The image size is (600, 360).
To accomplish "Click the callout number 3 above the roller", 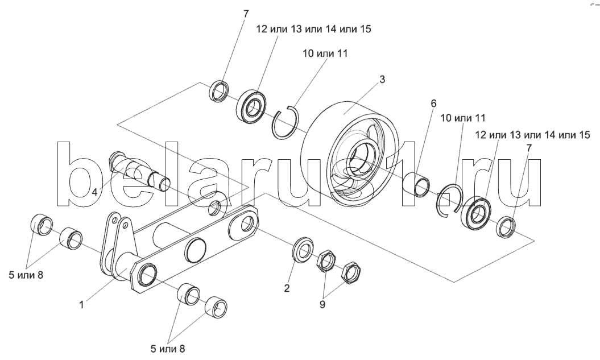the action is (x=382, y=80).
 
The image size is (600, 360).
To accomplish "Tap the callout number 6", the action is (x=433, y=104).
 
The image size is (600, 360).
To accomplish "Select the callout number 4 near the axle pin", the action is (x=94, y=192).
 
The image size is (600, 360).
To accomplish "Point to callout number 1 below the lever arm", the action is (x=81, y=304).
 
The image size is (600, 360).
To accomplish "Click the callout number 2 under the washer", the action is (x=287, y=288).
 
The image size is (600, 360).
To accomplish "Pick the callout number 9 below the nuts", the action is (x=322, y=304).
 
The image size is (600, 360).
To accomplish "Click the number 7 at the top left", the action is (x=246, y=14).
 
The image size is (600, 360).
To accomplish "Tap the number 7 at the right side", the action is (x=529, y=148).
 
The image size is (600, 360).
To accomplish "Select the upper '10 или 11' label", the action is (x=325, y=53).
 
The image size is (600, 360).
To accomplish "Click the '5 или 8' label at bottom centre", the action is (x=168, y=349).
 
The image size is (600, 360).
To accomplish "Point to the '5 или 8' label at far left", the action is (x=26, y=275).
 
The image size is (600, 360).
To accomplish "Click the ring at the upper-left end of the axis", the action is (x=220, y=92).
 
